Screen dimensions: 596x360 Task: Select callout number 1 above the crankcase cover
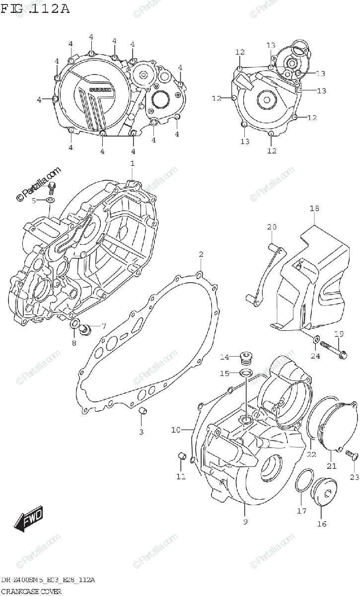pos(132,163)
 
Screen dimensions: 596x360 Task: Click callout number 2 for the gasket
pos(201,254)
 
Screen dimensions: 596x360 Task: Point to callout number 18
pos(314,209)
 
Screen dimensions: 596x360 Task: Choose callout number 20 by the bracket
pos(271,227)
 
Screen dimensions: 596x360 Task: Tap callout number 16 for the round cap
pos(322,523)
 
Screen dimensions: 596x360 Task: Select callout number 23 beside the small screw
pos(354,478)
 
